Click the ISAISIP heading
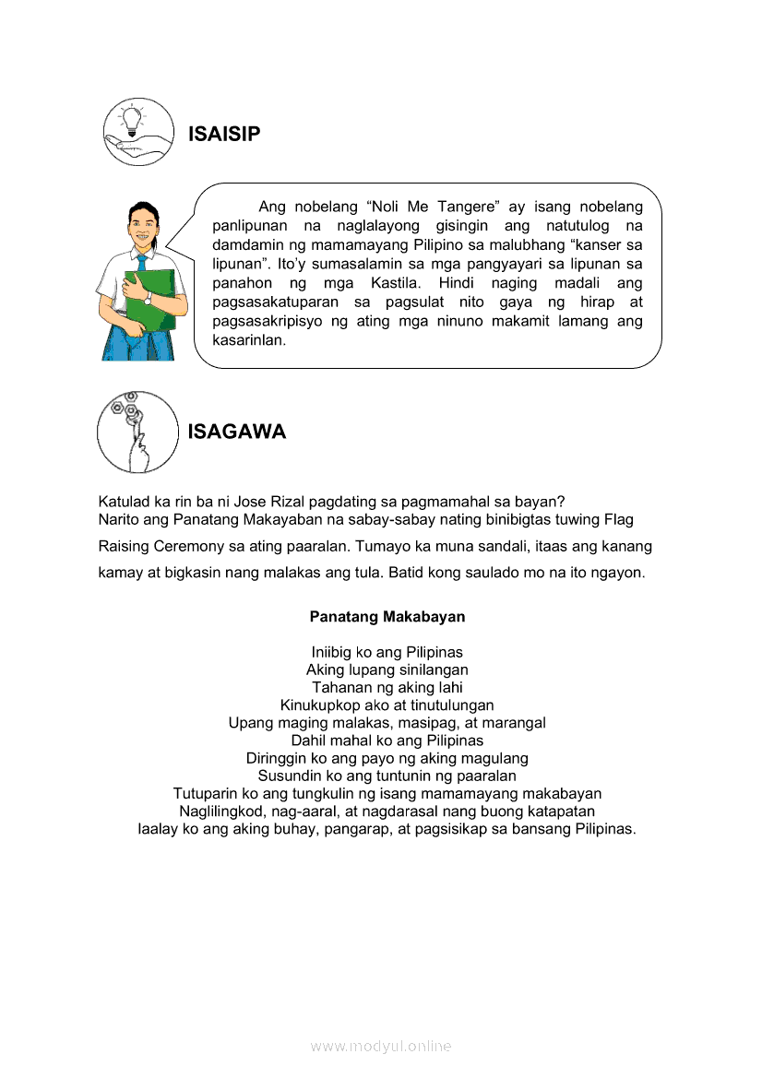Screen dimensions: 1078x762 click(224, 135)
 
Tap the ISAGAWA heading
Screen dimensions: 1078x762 click(237, 432)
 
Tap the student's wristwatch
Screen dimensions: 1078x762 click(148, 299)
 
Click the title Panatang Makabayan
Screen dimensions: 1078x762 click(387, 616)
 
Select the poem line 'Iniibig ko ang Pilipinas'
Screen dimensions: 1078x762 click(387, 652)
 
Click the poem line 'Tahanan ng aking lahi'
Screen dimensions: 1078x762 click(387, 687)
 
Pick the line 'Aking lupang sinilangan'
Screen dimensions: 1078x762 click(387, 669)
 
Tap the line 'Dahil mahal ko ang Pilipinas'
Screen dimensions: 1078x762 click(387, 740)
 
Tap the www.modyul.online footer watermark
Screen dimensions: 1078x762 click(381, 1046)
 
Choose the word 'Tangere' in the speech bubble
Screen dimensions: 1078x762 click(463, 207)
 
